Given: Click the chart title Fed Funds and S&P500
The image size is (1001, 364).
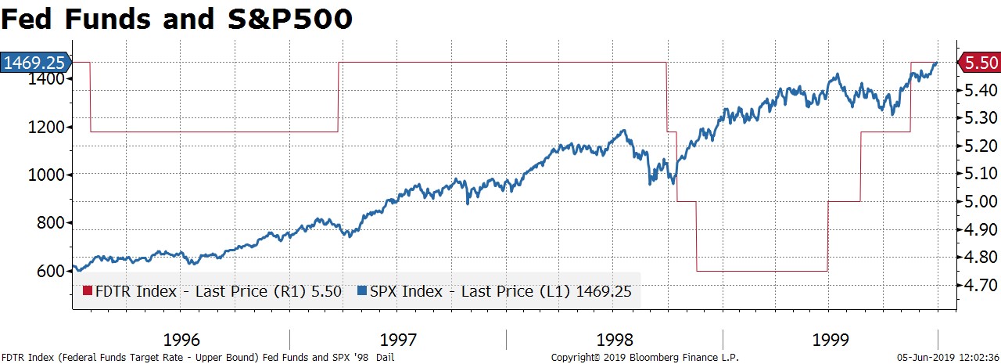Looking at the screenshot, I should tap(176, 19).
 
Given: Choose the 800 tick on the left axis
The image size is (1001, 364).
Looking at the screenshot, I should tap(50, 222).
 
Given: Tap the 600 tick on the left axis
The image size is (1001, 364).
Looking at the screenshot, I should tap(50, 271).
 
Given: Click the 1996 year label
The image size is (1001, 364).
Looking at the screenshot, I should tap(181, 340).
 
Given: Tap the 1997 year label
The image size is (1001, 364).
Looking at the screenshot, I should tap(398, 340).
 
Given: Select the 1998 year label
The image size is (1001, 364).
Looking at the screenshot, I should tap(615, 340).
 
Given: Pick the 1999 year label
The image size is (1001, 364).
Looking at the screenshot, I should tap(831, 340).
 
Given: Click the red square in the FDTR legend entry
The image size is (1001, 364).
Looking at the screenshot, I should tap(88, 292).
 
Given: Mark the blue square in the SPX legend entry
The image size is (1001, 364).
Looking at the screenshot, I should tap(361, 292).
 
